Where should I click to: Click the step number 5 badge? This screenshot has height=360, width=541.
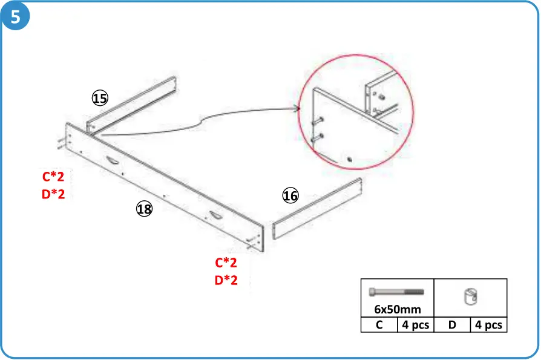pos(16,16)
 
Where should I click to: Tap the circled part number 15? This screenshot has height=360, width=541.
pos(100,98)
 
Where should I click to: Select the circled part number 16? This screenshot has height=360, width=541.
pos(290,196)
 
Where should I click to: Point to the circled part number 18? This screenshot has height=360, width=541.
pos(144,209)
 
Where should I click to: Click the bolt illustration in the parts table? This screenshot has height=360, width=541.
pos(396,292)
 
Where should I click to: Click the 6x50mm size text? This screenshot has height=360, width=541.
pos(397,309)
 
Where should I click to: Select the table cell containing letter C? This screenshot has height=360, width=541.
pos(379,325)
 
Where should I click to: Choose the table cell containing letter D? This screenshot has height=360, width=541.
pos(452,325)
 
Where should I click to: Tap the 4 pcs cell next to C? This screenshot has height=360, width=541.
pos(415,325)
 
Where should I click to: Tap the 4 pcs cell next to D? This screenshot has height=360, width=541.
pos(488,325)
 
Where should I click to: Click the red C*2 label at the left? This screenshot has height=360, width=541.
pos(53,177)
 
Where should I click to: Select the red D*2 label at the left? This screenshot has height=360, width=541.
pos(53,194)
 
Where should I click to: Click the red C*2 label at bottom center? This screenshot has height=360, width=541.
pos(226,263)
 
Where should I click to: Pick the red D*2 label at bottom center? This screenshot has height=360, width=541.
pos(226,281)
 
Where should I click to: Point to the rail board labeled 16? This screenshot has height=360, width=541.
pos(318,208)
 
